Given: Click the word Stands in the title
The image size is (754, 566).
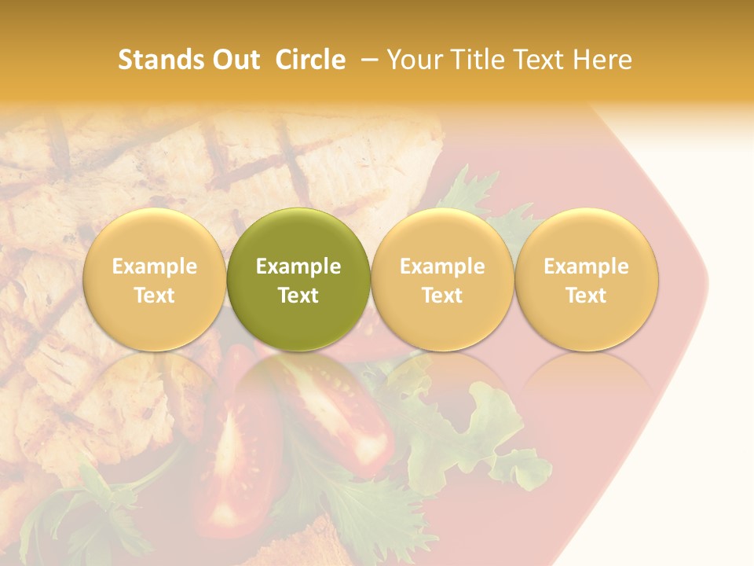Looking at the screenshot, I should click(159, 60).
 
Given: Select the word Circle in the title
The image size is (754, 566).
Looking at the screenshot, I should click(310, 60).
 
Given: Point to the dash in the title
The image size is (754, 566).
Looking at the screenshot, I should click(367, 60).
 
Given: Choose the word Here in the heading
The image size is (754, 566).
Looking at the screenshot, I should click(603, 60).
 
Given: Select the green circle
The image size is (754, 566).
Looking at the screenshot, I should click(298, 279).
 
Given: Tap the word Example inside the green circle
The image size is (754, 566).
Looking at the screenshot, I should click(298, 266).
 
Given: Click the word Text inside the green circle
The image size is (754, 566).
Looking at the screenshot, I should click(298, 295).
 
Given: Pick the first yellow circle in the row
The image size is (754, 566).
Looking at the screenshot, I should click(154, 279).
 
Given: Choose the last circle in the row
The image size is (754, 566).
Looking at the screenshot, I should click(587, 279).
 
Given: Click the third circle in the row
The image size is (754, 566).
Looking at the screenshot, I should click(442, 279).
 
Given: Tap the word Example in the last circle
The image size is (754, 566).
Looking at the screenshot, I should click(587, 266).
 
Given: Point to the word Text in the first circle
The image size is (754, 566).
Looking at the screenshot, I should click(154, 295).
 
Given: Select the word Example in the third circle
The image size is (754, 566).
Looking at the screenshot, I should click(442, 266).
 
